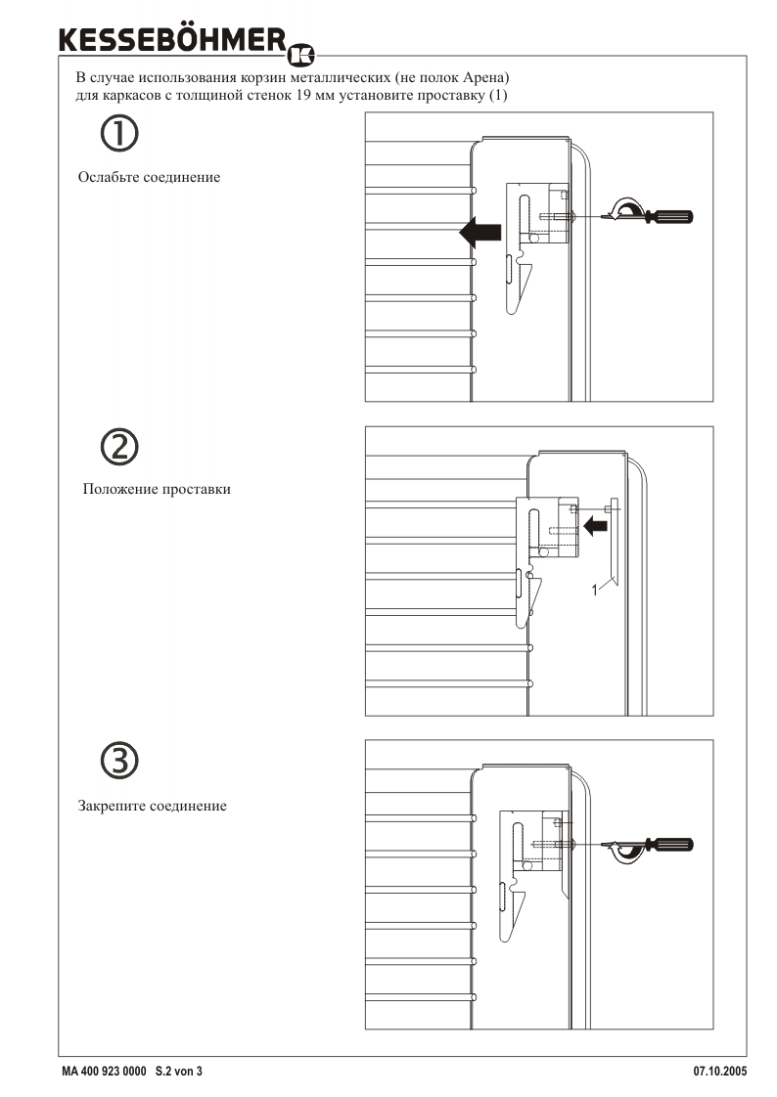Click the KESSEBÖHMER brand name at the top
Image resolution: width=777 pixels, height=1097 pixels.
173,40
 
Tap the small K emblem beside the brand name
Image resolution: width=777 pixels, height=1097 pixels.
301,55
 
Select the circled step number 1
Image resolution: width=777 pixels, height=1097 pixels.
119,133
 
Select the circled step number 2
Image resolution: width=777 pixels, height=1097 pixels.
119,447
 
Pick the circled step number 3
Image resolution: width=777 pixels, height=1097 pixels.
119,761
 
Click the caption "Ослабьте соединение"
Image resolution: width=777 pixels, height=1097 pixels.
149,177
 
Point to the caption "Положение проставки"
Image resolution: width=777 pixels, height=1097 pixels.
157,489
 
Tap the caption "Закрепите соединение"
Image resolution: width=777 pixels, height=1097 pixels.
152,806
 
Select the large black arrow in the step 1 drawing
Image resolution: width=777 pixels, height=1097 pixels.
480,233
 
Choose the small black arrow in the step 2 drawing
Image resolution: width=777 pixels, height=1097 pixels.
595,525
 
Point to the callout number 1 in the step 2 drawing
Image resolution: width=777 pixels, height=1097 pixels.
595,590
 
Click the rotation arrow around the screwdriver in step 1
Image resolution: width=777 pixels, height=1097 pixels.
625,209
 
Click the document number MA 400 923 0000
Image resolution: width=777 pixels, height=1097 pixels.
105,1072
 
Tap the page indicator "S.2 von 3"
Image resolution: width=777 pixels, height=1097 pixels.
178,1072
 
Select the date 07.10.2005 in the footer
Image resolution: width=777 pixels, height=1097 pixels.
720,1072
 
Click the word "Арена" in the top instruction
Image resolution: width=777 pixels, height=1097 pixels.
483,77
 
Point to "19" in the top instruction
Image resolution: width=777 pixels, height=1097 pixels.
303,95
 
